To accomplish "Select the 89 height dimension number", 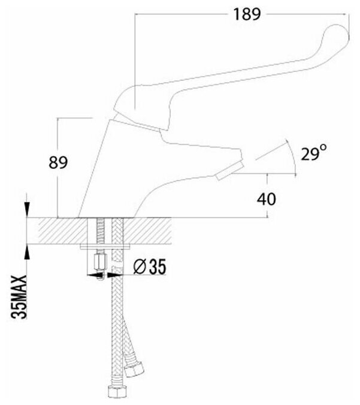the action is pos(58,162).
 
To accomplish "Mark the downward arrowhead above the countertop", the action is pos(27,211).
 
